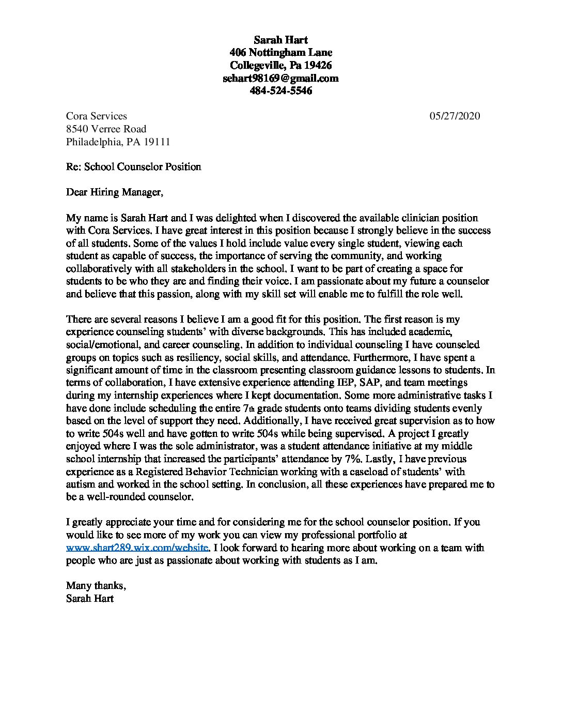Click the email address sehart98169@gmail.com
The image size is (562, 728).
280,79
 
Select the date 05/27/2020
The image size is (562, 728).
455,116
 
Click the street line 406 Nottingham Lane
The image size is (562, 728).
280,52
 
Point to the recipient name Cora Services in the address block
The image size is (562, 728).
97,116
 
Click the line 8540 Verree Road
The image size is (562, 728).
106,129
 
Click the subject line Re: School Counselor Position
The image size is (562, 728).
134,166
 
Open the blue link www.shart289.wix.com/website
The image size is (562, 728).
137,548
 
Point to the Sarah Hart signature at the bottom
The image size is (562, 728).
90,599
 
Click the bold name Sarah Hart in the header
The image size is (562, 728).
280,40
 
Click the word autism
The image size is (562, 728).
80,484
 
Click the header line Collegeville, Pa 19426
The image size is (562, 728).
280,66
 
